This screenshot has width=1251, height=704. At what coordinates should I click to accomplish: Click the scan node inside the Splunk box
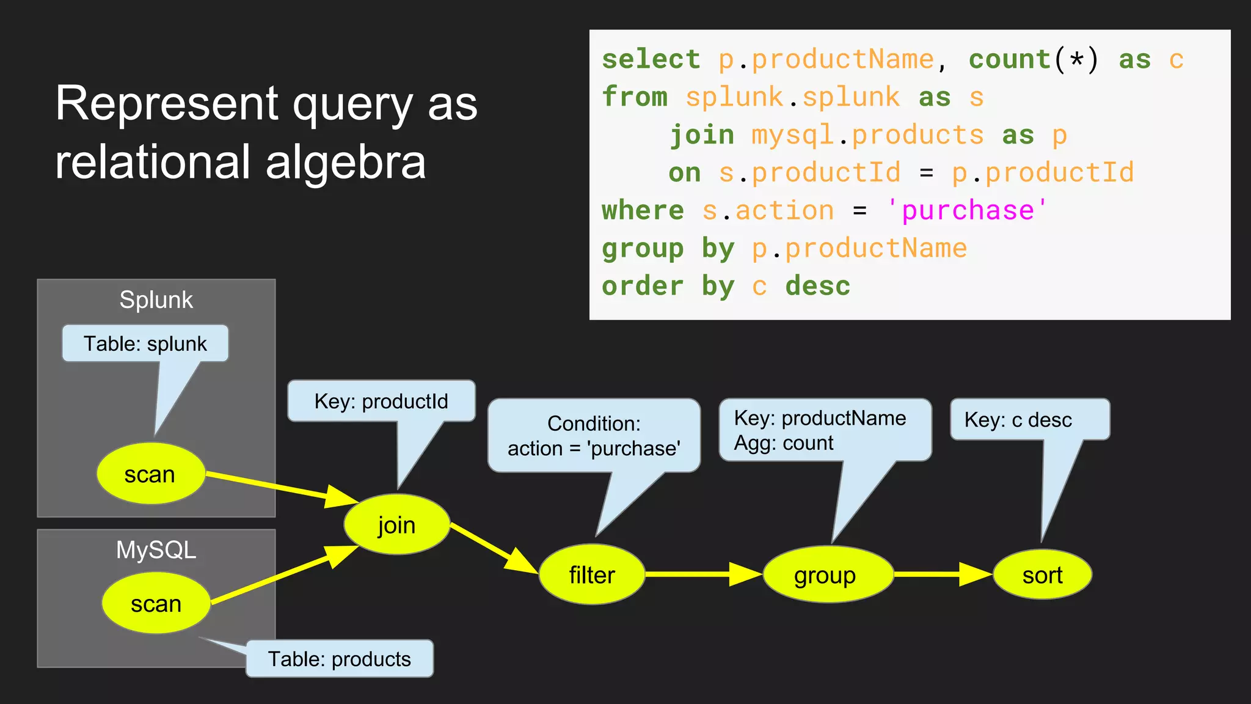click(x=150, y=474)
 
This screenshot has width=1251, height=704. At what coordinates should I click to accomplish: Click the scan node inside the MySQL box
click(x=156, y=603)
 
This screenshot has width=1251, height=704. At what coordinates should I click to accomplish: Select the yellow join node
click(x=396, y=525)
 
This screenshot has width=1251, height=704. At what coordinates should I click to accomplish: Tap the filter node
click(x=591, y=574)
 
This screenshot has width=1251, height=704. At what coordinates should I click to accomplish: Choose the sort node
click(x=1042, y=575)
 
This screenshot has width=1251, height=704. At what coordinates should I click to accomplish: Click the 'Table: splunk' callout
click(x=145, y=343)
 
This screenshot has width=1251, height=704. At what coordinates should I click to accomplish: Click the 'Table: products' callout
click(x=340, y=659)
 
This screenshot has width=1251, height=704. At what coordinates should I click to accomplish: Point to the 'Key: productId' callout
click(x=381, y=402)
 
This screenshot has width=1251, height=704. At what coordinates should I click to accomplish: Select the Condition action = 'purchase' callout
click(x=594, y=436)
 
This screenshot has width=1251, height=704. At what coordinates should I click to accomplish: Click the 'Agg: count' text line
click(x=784, y=443)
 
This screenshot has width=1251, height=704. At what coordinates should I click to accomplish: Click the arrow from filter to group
click(x=702, y=574)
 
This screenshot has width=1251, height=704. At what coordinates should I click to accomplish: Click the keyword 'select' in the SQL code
click(x=651, y=59)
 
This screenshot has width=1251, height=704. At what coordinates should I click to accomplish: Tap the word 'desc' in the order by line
click(x=817, y=286)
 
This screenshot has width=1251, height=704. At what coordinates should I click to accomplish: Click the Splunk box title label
click(x=156, y=300)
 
